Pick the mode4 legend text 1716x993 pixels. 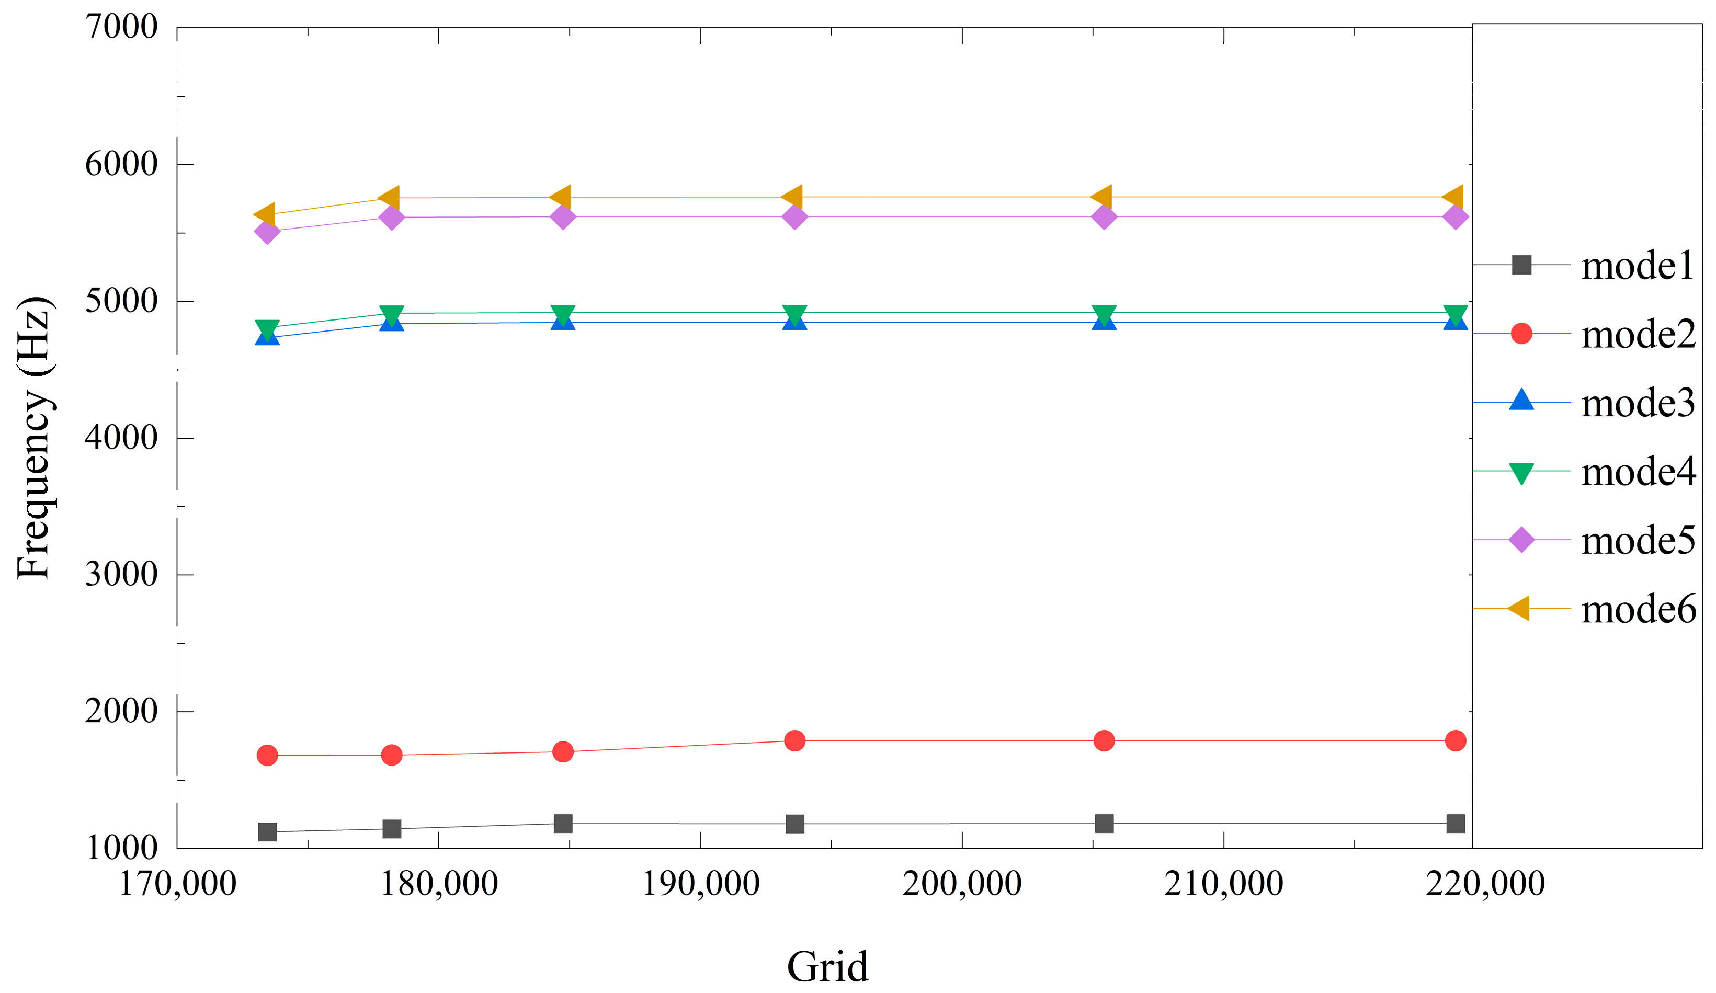[1638, 472]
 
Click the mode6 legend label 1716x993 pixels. [1638, 609]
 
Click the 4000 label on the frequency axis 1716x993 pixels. [121, 438]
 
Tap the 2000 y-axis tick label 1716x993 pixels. [121, 711]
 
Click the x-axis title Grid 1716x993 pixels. [827, 966]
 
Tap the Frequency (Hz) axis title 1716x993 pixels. [34, 438]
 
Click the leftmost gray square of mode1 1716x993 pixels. [268, 832]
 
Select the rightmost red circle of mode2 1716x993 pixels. [1455, 740]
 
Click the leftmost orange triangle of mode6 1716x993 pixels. [264, 214]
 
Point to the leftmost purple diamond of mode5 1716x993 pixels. [268, 232]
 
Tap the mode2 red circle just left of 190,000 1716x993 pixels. [562, 752]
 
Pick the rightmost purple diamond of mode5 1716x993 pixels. [1455, 217]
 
